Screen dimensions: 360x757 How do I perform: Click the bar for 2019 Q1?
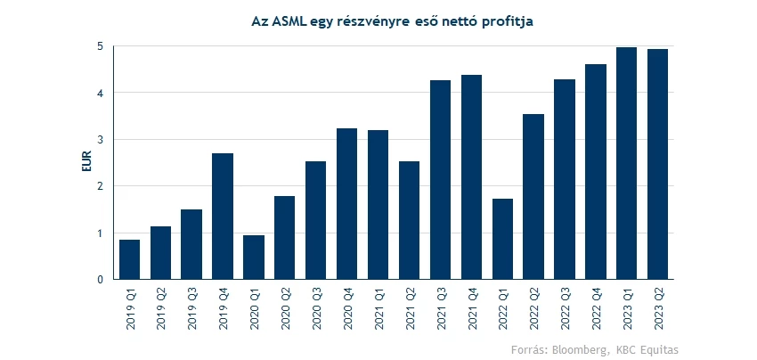[x=129, y=259]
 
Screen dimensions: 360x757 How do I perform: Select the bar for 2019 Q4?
[x=223, y=217]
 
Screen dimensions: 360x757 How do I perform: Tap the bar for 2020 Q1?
[x=254, y=258]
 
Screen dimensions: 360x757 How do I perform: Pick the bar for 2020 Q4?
[x=346, y=204]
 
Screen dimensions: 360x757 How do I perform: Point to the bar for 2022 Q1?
[x=502, y=239]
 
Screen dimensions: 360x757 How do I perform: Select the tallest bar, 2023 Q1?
[x=626, y=163]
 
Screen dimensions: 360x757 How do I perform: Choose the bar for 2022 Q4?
[x=595, y=172]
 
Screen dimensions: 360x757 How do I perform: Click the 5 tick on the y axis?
[x=101, y=46]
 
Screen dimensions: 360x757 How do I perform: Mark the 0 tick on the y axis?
[x=101, y=280]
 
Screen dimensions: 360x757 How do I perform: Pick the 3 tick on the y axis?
[x=101, y=140]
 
